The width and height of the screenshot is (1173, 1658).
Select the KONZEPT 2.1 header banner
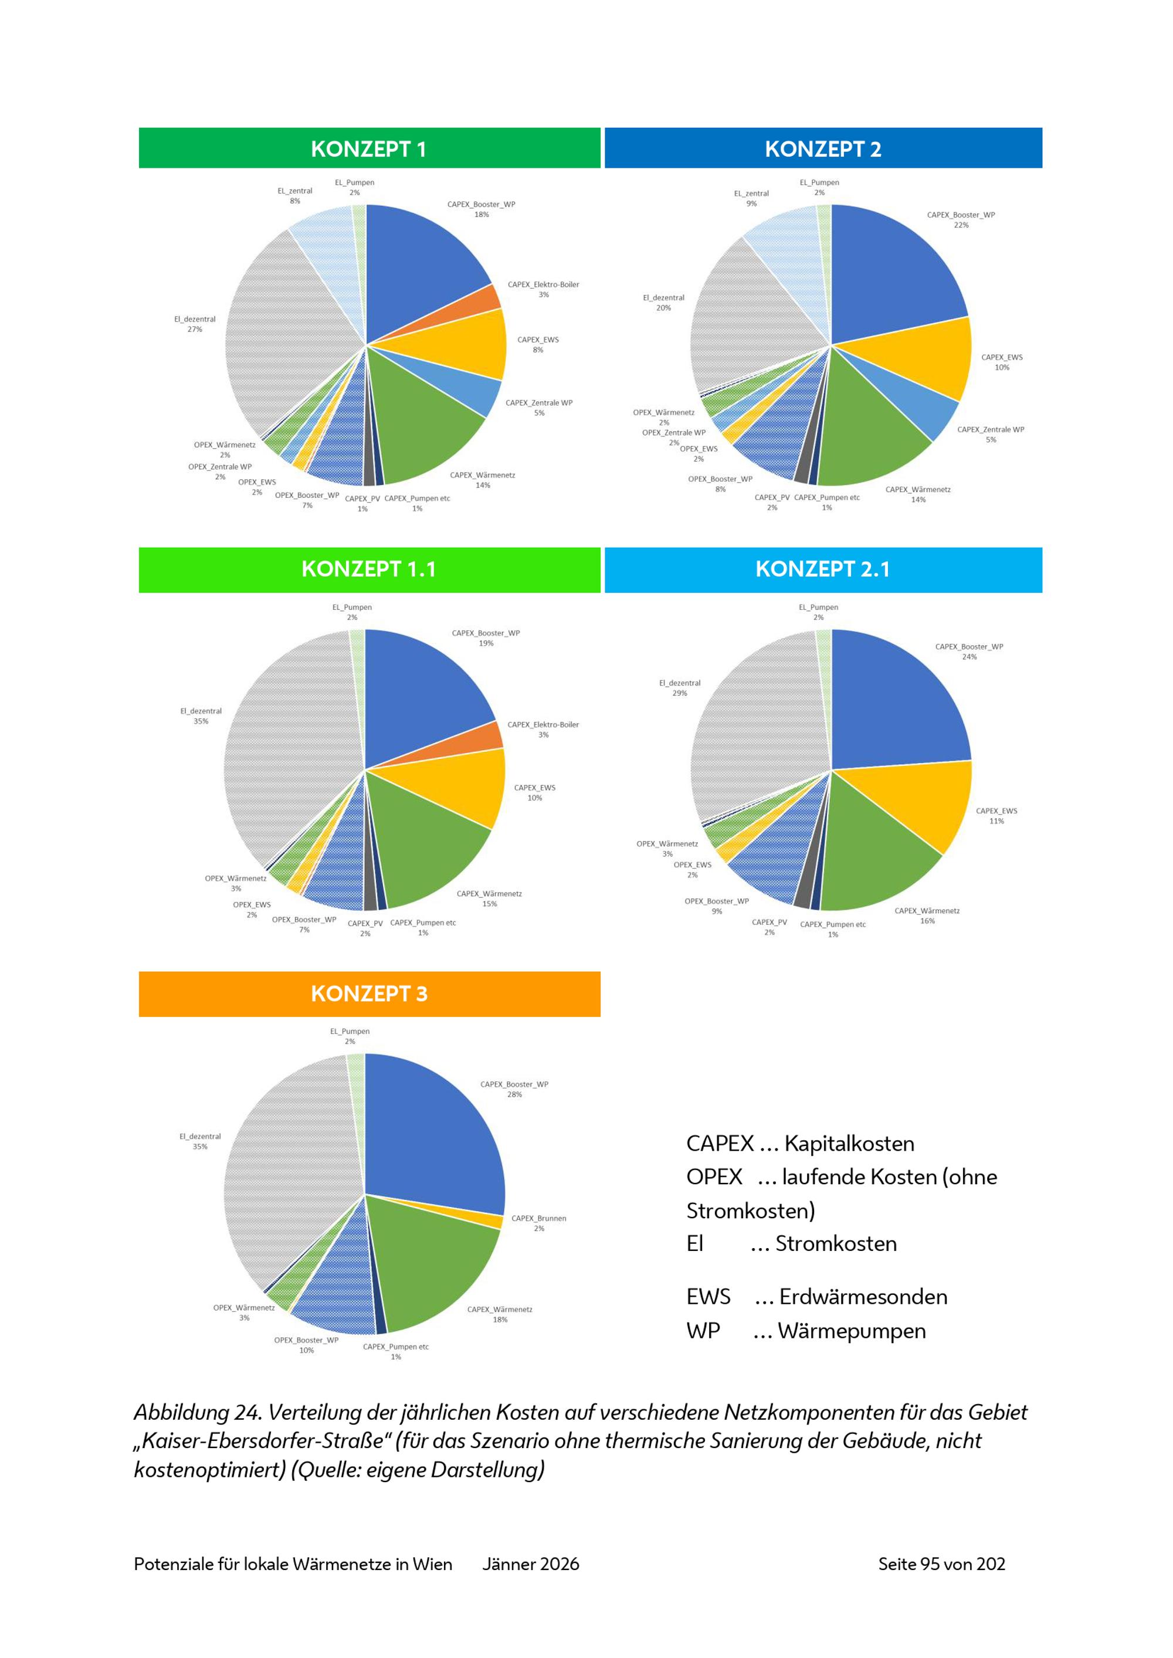tap(823, 569)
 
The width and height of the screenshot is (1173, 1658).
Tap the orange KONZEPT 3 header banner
tap(369, 994)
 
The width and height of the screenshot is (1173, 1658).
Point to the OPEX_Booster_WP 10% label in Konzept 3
tap(306, 1345)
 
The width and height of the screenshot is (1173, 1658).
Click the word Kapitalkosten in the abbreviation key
tap(849, 1144)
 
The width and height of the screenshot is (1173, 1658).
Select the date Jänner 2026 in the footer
tap(530, 1564)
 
